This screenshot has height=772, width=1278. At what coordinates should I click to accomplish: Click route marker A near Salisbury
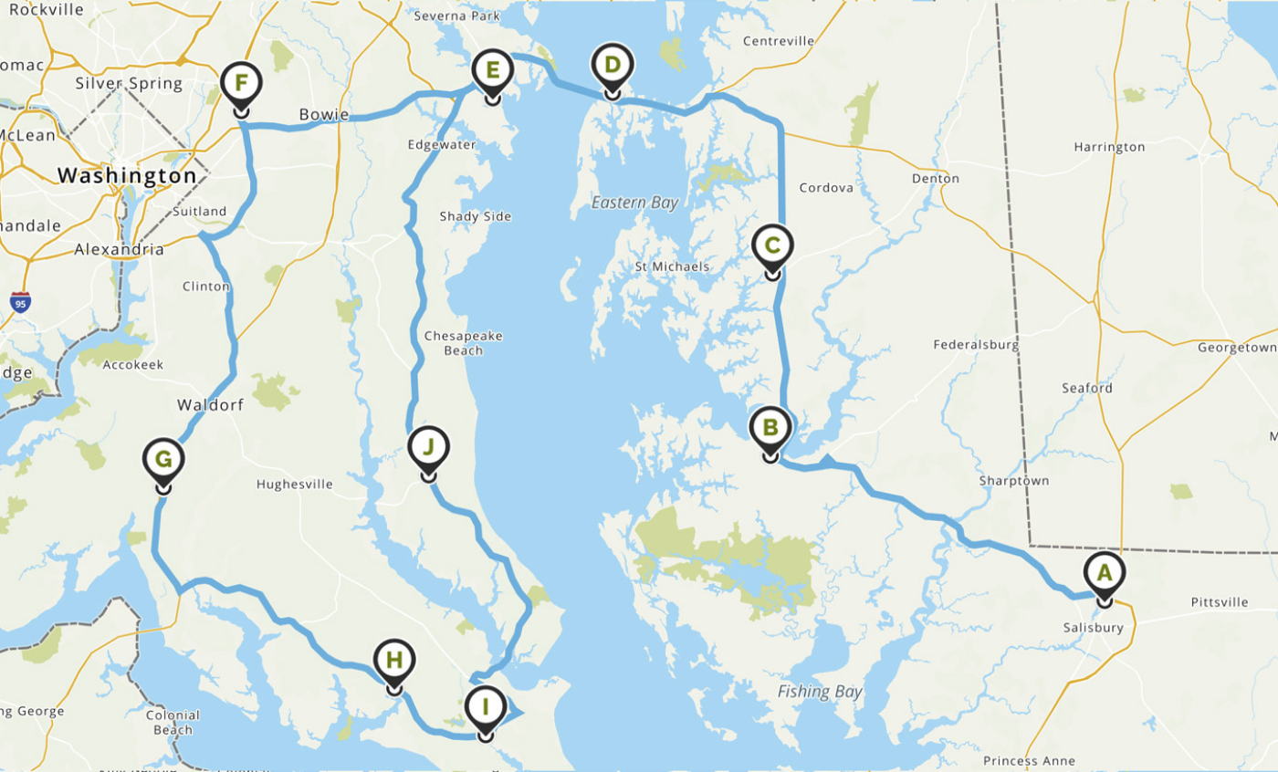[x=1105, y=574]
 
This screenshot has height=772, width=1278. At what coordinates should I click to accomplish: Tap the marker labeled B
[x=770, y=427]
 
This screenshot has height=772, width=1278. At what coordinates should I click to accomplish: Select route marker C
[x=773, y=245]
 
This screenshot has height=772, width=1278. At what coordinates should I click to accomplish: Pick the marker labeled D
[x=613, y=66]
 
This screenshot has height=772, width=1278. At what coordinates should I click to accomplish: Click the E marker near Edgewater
[x=492, y=70]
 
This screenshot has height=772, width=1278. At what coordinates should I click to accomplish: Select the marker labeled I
[x=486, y=706]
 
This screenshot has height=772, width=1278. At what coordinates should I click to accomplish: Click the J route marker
[x=428, y=447]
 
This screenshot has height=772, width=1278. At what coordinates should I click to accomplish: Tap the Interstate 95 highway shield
[x=20, y=302]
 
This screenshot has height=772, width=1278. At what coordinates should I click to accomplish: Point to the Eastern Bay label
[x=634, y=203]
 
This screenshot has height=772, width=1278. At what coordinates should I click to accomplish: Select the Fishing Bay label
[x=820, y=692]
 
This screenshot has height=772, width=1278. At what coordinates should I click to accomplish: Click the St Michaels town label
[x=672, y=266]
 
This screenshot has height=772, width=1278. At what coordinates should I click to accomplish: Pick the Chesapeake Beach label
[x=463, y=343]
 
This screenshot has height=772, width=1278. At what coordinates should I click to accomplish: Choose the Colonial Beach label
[x=173, y=722]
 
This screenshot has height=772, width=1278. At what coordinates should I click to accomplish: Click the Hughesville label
[x=295, y=485]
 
